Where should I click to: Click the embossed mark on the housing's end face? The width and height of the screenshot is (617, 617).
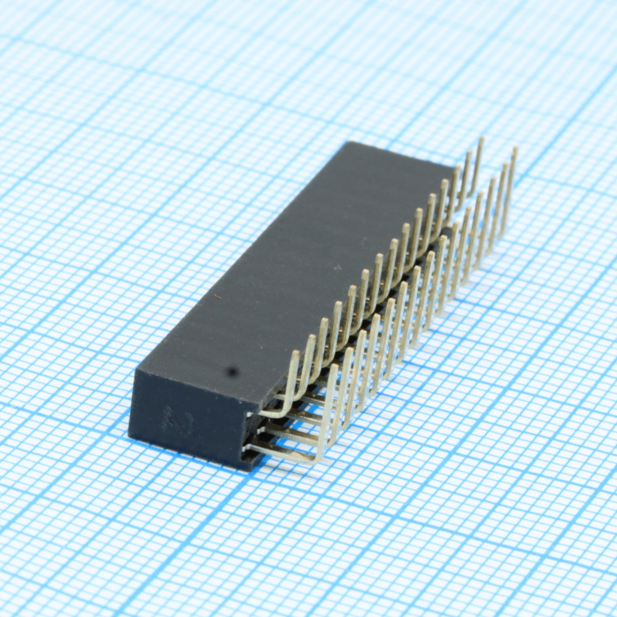coord(178,422)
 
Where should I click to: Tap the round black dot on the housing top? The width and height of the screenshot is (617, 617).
coord(232,371)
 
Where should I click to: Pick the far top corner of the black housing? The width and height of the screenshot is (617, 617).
coord(350,143)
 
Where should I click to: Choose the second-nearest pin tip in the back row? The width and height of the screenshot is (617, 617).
coord(312,337)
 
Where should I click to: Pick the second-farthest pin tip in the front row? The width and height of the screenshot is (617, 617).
coord(505,165)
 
